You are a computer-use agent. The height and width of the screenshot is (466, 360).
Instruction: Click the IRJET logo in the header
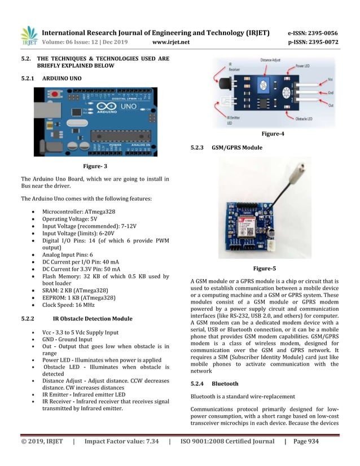coord(29,36)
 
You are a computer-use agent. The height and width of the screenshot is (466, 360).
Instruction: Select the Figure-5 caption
coord(265,267)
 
